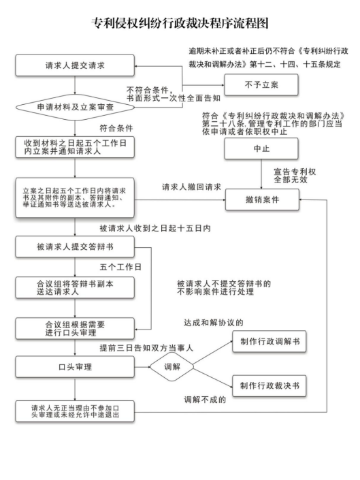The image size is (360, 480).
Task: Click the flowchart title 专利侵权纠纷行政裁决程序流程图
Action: [180, 23]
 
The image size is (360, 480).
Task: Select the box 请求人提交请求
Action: [75, 65]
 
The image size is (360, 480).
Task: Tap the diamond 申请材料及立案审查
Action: [75, 107]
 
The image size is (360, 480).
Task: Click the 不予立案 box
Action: [261, 85]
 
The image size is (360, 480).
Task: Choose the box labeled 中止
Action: [261, 148]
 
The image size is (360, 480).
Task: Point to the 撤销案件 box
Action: [262, 199]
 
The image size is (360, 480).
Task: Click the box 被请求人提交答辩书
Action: [75, 246]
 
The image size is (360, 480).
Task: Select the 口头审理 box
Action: [75, 367]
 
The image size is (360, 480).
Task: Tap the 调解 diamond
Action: [172, 367]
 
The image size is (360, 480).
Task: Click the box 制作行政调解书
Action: [269, 341]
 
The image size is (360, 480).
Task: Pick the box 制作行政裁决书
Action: [269, 386]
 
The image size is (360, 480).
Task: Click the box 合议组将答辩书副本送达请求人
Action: [75, 288]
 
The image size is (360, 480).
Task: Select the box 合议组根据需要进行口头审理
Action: [75, 328]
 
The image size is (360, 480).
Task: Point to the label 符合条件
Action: [116, 128]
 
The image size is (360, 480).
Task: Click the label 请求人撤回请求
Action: [191, 187]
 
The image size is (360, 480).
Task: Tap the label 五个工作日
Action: [120, 268]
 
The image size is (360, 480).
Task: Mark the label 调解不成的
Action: [205, 400]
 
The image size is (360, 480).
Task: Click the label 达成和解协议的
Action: [214, 323]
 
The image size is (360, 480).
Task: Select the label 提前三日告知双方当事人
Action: [146, 348]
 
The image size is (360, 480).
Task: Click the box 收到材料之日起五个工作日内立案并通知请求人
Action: [75, 147]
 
